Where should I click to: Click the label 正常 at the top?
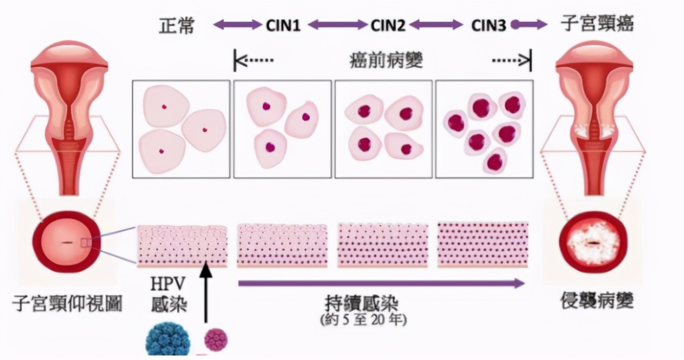(176, 25)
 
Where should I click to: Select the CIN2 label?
(388, 25)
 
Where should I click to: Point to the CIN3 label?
(488, 25)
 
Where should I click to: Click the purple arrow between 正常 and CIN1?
(238, 25)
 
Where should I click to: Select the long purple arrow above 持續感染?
(382, 283)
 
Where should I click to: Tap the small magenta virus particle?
(216, 339)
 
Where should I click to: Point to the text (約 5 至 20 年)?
(364, 320)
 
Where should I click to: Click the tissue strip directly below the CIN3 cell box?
(483, 244)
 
